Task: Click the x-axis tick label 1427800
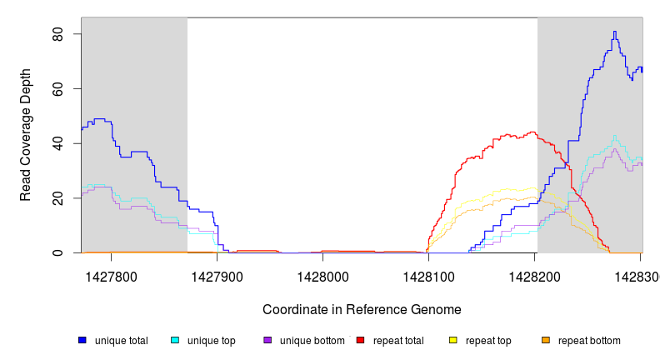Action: tap(112, 275)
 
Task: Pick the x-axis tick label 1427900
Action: tap(218, 275)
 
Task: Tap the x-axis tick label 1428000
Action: tap(323, 275)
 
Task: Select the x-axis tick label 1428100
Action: tap(428, 275)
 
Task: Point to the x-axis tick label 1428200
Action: tap(534, 275)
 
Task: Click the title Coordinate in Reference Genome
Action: tap(362, 309)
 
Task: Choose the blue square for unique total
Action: tap(82, 340)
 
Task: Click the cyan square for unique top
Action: tap(175, 340)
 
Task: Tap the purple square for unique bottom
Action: tap(267, 340)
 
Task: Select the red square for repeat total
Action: tap(361, 340)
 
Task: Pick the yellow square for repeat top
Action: tap(453, 340)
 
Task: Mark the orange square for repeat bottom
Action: tap(546, 340)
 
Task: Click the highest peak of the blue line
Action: tap(614, 32)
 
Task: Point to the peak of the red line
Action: tap(532, 132)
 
